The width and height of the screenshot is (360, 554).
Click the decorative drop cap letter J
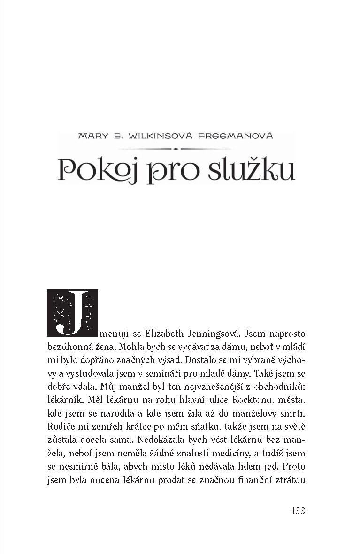pos(72,313)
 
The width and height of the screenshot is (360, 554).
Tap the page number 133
pos(298,510)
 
